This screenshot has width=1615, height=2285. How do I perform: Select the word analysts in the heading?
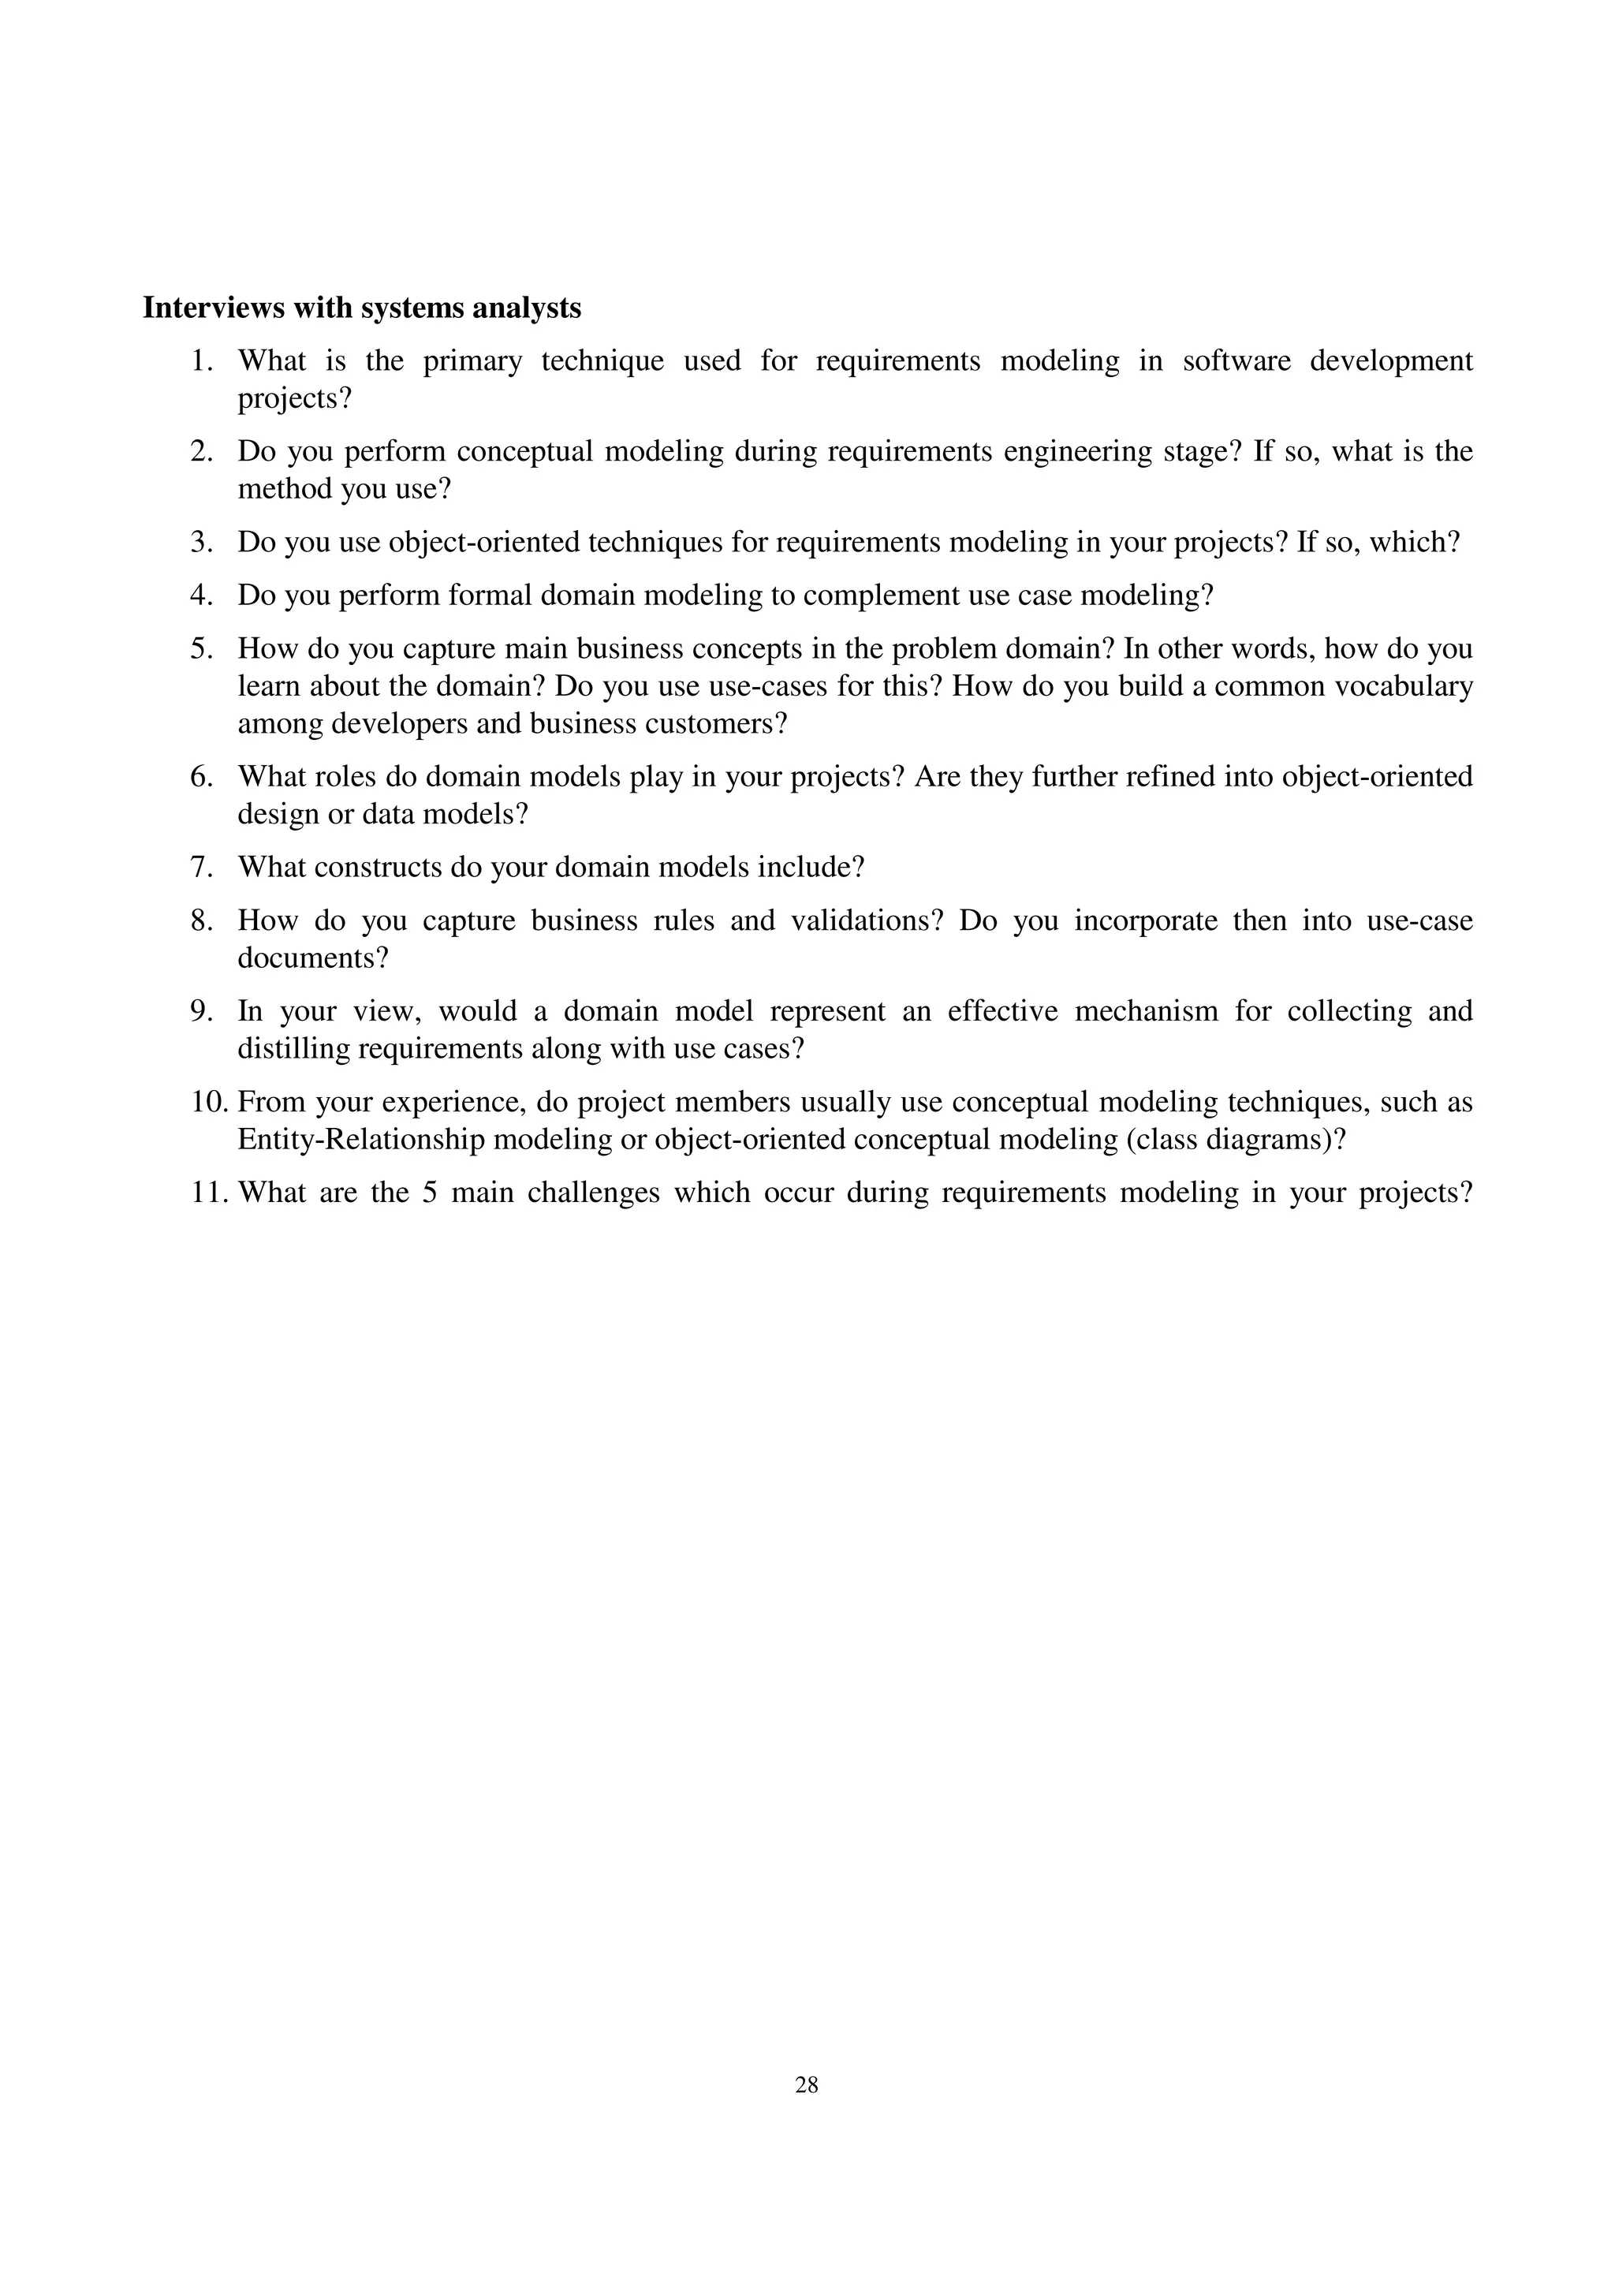(x=527, y=308)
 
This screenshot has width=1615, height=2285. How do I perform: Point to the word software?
(x=1236, y=360)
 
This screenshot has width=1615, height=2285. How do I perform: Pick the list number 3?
(x=202, y=543)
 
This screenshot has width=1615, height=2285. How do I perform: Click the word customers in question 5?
(x=706, y=723)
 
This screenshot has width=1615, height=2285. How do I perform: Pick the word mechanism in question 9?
(x=1147, y=1011)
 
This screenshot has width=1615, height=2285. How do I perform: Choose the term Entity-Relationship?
(x=361, y=1140)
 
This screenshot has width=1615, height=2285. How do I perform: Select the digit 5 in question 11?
(x=430, y=1193)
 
